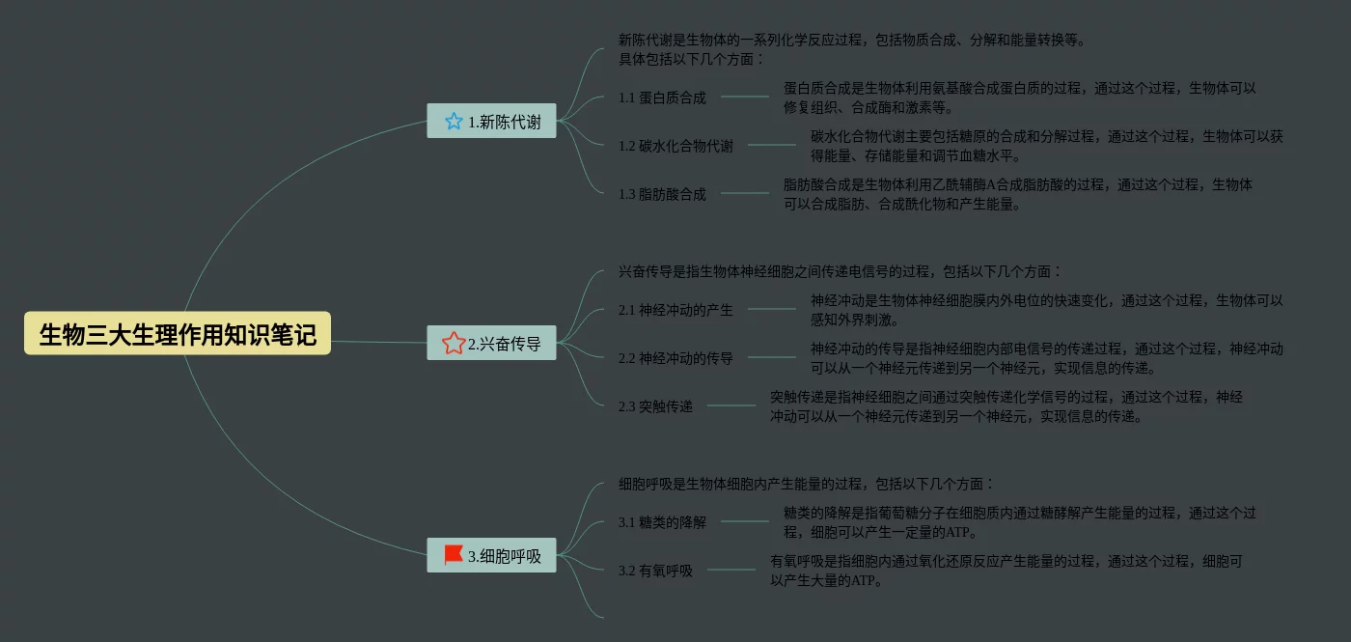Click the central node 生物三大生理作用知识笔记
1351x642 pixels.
click(x=178, y=334)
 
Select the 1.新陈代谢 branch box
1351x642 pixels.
click(x=491, y=122)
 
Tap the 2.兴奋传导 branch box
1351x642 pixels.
click(x=491, y=343)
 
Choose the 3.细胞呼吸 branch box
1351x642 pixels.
click(x=491, y=555)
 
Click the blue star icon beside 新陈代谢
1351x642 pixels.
click(x=454, y=122)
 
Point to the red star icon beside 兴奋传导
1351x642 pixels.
click(x=454, y=343)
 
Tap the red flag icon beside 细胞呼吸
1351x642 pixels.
click(x=454, y=555)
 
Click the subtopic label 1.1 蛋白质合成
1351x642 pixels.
click(x=662, y=98)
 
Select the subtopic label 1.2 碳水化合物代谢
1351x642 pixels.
click(x=675, y=146)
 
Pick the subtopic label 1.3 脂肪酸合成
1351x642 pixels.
click(x=662, y=194)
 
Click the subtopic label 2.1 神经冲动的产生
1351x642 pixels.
click(x=675, y=310)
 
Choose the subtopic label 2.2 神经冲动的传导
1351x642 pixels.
click(x=675, y=358)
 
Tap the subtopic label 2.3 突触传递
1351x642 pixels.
click(x=655, y=406)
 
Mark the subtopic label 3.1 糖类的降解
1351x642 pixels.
click(x=662, y=522)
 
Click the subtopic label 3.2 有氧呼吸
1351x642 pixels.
click(x=655, y=571)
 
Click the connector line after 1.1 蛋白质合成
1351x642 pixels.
click(x=745, y=97)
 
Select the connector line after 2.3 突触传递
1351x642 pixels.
click(x=731, y=405)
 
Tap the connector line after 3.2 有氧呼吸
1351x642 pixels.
click(x=731, y=570)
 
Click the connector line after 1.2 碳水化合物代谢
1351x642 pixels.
click(x=772, y=145)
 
